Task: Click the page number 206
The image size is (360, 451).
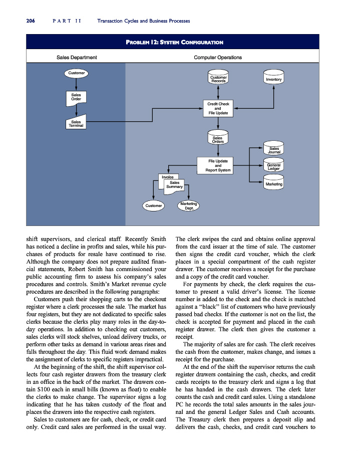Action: click(31, 21)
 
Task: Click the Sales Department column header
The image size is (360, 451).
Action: click(77, 57)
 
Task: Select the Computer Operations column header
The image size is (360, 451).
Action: click(218, 57)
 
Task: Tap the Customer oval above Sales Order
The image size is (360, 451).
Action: click(76, 73)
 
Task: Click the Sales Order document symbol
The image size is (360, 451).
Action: click(76, 98)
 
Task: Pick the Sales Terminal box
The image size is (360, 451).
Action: click(76, 122)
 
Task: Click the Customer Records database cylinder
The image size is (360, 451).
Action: click(218, 77)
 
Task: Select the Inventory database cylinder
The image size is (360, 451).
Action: click(274, 77)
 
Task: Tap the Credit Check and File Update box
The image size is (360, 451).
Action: click(218, 108)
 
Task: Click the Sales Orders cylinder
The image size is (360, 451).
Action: click(218, 137)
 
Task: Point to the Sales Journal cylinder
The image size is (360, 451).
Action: click(274, 148)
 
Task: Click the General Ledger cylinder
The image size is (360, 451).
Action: click(274, 164)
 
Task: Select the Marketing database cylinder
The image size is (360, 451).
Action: click(274, 182)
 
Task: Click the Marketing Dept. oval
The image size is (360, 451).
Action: click(189, 205)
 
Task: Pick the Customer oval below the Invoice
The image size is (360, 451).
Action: click(154, 205)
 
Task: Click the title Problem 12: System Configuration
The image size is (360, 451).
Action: click(175, 42)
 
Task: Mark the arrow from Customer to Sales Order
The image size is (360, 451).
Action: click(76, 85)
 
